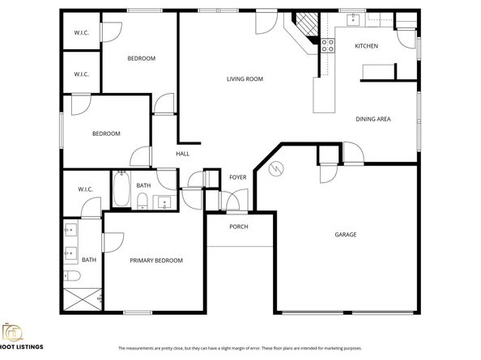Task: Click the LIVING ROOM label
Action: [245, 78]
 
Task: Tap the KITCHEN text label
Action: [366, 46]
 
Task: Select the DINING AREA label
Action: [373, 119]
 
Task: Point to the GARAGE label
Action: [346, 235]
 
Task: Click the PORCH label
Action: [238, 227]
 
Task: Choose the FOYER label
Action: [237, 176]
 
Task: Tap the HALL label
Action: [183, 153]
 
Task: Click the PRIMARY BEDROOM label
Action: [156, 260]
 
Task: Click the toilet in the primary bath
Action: [70, 277]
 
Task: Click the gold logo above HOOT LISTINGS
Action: [12, 333]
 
